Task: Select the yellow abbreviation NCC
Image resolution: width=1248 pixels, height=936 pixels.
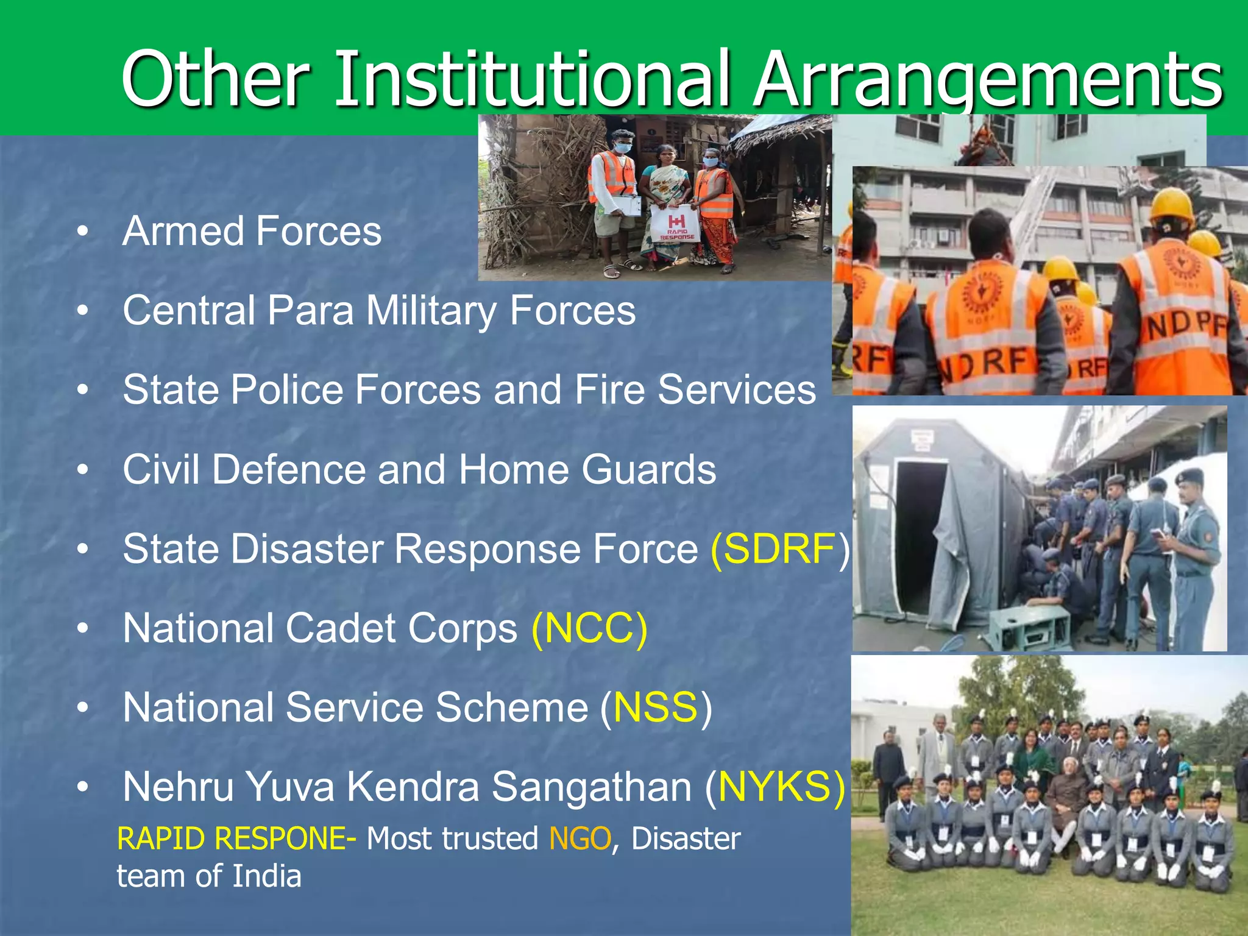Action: (x=589, y=629)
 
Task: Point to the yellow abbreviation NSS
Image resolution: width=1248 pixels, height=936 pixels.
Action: (x=655, y=708)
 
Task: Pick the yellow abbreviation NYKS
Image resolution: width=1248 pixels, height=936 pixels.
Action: (x=782, y=787)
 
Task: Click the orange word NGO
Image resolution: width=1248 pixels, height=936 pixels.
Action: (x=580, y=839)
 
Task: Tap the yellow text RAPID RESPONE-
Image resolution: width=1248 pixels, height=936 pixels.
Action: (x=236, y=839)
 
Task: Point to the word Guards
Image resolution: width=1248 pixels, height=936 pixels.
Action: (x=648, y=470)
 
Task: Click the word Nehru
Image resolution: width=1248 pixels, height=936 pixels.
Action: (x=178, y=787)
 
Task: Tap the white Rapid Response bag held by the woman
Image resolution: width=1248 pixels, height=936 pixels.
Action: (x=675, y=224)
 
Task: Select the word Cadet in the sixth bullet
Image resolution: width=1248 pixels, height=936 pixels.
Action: (x=339, y=629)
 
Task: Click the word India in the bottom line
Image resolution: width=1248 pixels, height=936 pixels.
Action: (x=267, y=877)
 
